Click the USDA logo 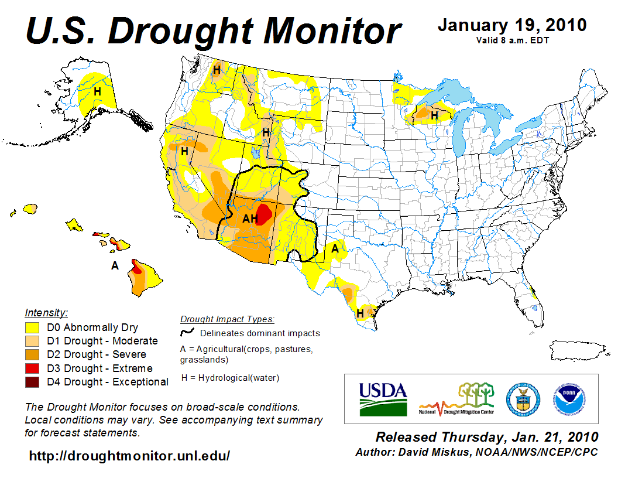pos(382,398)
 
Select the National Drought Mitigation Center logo pos(456,398)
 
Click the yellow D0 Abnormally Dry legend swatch pos(32,327)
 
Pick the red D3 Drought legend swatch pos(32,368)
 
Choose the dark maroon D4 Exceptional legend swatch pos(32,382)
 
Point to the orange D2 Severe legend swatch pos(32,354)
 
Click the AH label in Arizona pos(250,219)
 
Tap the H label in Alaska pos(97,92)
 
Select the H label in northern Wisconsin pos(434,116)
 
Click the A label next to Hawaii pos(115,266)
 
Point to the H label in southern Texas pos(360,314)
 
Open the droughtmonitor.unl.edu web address pos(129,455)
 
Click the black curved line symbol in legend pos(187,333)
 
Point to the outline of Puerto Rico pos(573,350)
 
